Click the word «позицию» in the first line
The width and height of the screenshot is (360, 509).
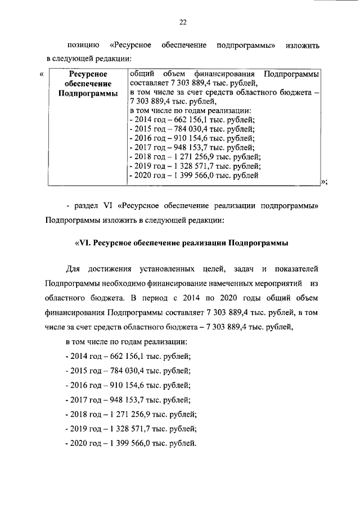tap(83, 44)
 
